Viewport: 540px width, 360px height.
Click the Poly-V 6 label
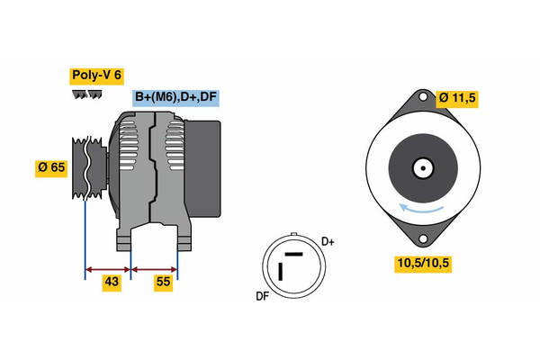pyautogui.click(x=97, y=76)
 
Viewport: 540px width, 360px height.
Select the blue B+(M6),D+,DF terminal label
pyautogui.click(x=175, y=97)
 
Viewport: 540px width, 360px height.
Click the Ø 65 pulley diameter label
pyautogui.click(x=52, y=167)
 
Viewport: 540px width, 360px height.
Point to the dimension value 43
pyautogui.click(x=111, y=283)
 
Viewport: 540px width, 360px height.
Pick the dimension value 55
pyautogui.click(x=162, y=283)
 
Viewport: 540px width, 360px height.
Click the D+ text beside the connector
pyautogui.click(x=328, y=241)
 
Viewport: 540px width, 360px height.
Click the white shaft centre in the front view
pyautogui.click(x=421, y=167)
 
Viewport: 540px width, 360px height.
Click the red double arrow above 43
pyautogui.click(x=108, y=268)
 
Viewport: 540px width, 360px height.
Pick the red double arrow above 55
pyautogui.click(x=154, y=268)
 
